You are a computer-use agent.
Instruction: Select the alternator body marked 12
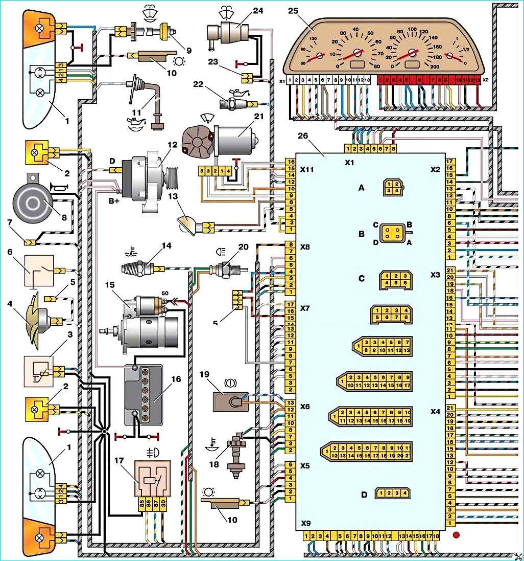(x=148, y=177)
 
